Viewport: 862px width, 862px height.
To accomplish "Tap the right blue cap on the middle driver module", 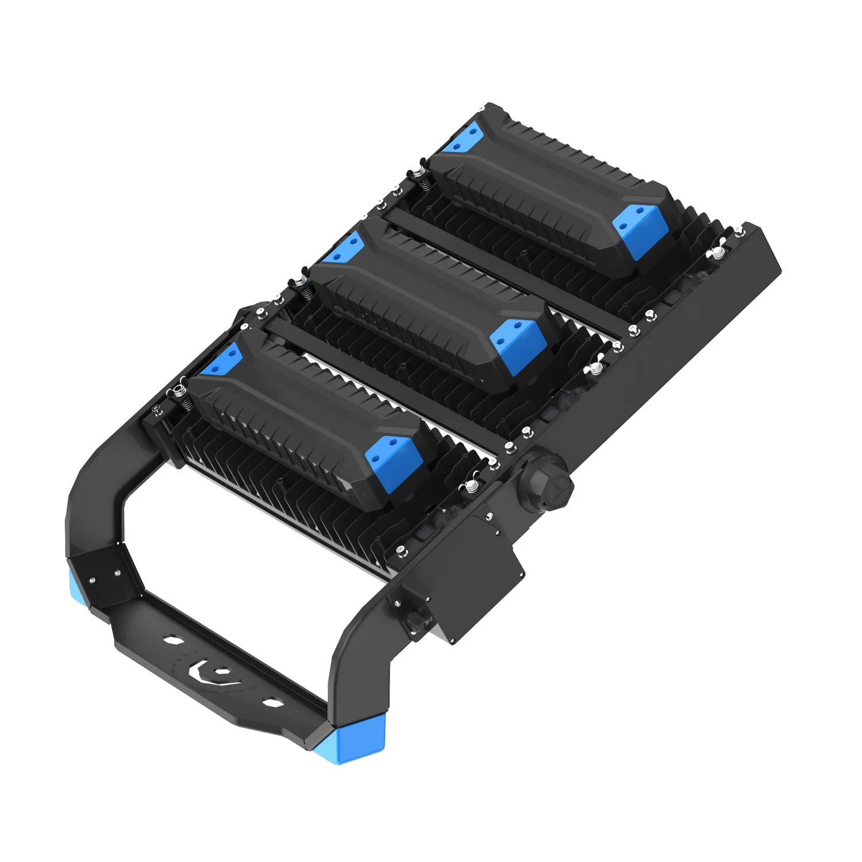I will click(517, 340).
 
